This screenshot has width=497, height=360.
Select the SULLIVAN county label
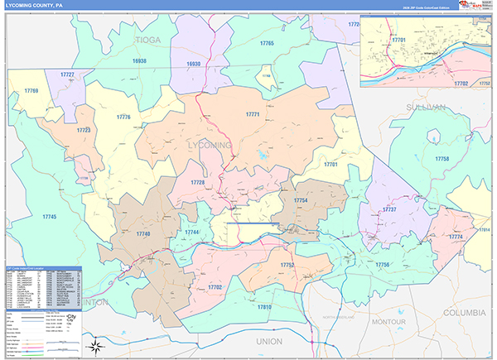click(x=426, y=108)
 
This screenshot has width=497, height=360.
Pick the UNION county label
click(x=269, y=341)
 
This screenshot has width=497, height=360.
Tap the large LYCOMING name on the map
click(x=210, y=146)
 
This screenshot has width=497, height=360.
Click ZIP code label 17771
click(x=253, y=114)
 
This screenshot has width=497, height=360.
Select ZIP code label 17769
click(x=31, y=90)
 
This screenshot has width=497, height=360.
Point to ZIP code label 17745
click(x=49, y=216)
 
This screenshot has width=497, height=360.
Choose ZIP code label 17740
click(x=143, y=235)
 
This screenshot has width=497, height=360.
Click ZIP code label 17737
click(x=389, y=209)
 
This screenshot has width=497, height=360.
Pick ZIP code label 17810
click(x=263, y=307)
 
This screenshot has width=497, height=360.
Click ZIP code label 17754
click(x=300, y=200)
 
